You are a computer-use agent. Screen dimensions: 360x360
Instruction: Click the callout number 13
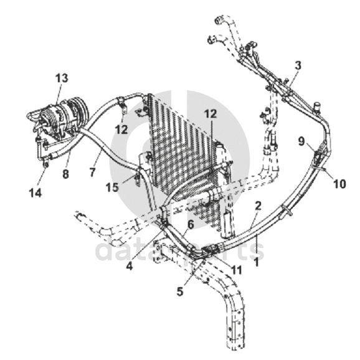pyautogui.click(x=62, y=78)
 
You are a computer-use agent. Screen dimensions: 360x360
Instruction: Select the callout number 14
pyautogui.click(x=36, y=193)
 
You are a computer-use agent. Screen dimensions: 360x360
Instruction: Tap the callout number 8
pyautogui.click(x=65, y=174)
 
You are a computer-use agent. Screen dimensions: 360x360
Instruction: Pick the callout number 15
pyautogui.click(x=112, y=187)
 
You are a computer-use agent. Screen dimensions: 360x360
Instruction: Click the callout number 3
pyautogui.click(x=298, y=65)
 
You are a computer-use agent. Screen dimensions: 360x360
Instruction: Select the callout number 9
pyautogui.click(x=301, y=141)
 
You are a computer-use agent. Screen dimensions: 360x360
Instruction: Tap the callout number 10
pyautogui.click(x=339, y=184)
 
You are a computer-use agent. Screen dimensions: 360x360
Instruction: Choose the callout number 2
pyautogui.click(x=258, y=206)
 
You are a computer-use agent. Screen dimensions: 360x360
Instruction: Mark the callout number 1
pyautogui.click(x=257, y=262)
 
